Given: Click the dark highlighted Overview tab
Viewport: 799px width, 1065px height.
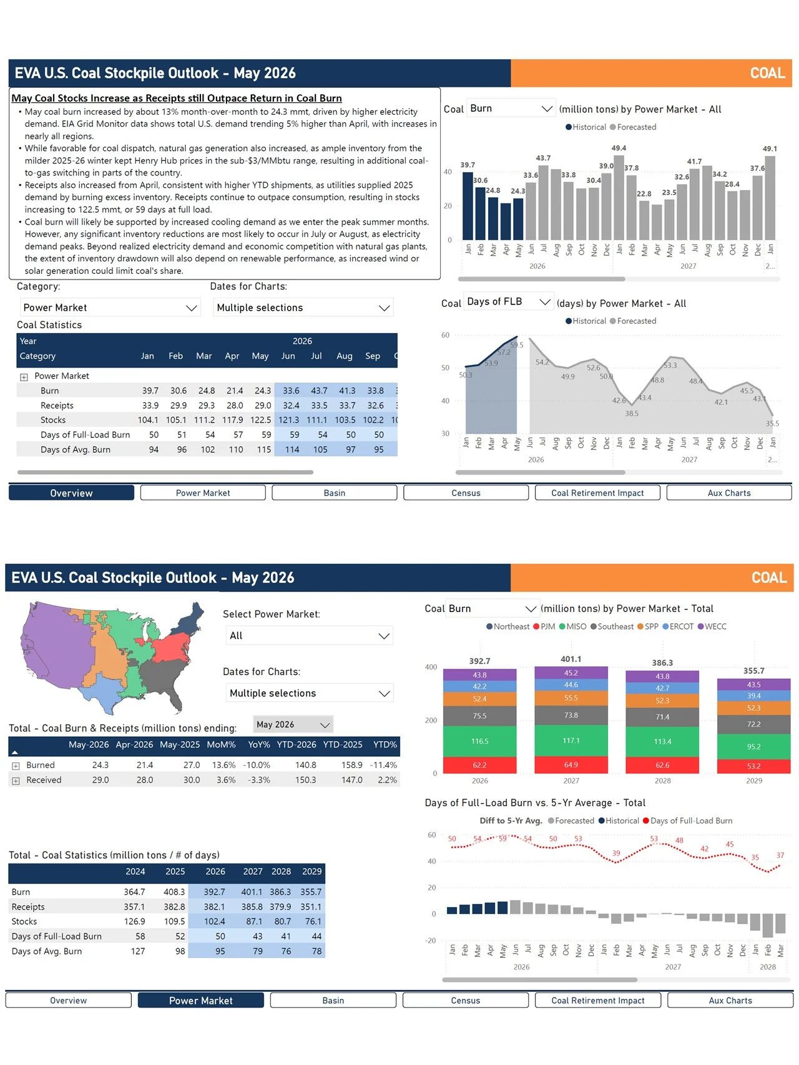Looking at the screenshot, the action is click(71, 493).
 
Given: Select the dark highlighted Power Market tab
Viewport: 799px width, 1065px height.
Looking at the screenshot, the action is click(201, 1000).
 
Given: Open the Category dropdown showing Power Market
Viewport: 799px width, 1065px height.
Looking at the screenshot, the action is click(110, 308).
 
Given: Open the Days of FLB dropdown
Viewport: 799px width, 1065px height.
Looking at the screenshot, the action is click(509, 302).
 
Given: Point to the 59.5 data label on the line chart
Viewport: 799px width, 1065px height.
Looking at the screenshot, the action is click(517, 345).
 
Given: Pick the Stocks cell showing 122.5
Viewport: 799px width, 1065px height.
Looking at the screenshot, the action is click(260, 420).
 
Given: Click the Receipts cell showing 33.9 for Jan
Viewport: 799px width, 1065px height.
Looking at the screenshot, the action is click(150, 406).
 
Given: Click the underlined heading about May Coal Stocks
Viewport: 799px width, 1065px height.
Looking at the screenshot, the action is click(177, 98).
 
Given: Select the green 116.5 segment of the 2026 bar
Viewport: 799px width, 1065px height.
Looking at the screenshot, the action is click(479, 741).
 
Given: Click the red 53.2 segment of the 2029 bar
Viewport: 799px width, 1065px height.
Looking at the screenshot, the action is click(754, 766).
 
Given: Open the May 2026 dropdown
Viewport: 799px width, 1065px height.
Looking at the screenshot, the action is click(293, 724).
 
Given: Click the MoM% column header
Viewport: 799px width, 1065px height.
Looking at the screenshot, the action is click(222, 744).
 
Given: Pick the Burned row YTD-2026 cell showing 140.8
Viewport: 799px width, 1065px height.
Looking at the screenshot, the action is click(306, 765).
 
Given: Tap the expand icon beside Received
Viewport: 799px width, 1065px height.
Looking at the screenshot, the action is click(16, 781).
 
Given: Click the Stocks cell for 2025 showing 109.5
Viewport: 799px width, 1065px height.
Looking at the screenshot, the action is click(175, 922).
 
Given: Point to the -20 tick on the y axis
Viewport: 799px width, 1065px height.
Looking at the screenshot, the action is click(431, 940).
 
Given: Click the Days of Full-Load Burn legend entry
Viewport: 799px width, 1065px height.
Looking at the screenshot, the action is click(688, 821).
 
